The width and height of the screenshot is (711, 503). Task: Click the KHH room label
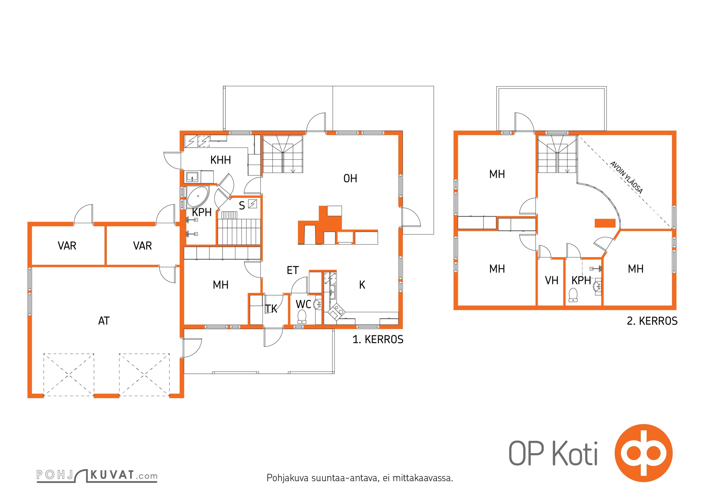pyautogui.click(x=221, y=160)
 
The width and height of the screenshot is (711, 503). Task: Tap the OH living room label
pyautogui.click(x=350, y=179)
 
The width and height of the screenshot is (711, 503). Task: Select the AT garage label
pyautogui.click(x=104, y=321)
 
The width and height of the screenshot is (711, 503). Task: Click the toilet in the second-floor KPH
pyautogui.click(x=573, y=295)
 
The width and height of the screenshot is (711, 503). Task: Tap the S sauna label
pyautogui.click(x=242, y=206)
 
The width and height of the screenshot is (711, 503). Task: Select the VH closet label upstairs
pyautogui.click(x=552, y=280)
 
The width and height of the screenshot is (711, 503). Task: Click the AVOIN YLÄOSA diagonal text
pyautogui.click(x=626, y=177)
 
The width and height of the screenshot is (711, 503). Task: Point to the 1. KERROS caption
pyautogui.click(x=378, y=340)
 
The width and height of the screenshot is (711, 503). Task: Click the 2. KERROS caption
pyautogui.click(x=652, y=321)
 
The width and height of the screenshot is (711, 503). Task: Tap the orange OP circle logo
pyautogui.click(x=643, y=453)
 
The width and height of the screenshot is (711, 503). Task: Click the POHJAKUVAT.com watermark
pyautogui.click(x=97, y=475)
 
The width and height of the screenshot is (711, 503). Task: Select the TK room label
pyautogui.click(x=271, y=309)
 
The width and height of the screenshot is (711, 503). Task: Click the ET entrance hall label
pyautogui.click(x=293, y=270)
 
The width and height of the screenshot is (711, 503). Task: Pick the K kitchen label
pyautogui.click(x=362, y=285)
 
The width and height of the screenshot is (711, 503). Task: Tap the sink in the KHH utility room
pyautogui.click(x=192, y=177)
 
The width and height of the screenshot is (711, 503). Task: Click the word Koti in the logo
pyautogui.click(x=575, y=454)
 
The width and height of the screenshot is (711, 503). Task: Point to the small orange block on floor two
pyautogui.click(x=605, y=223)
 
